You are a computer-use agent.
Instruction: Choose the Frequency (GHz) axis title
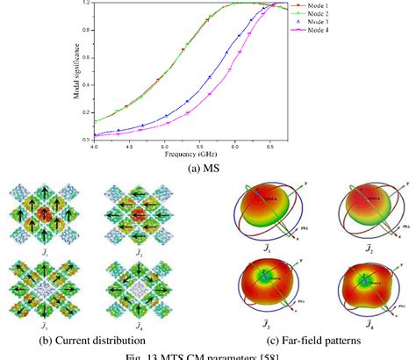coord(186,153)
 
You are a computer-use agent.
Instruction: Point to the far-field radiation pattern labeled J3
coord(272,282)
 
